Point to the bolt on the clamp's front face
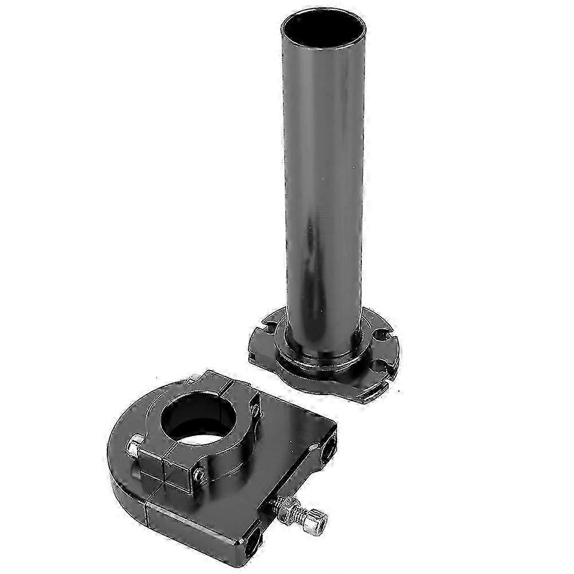(200, 474)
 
